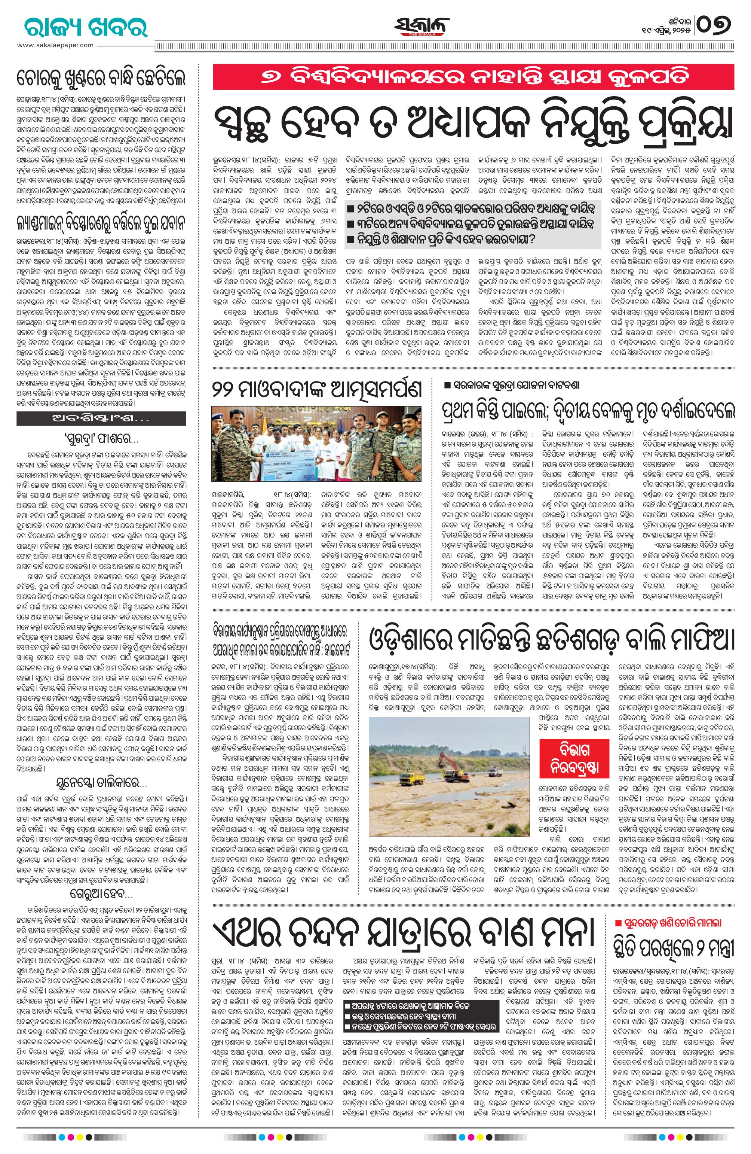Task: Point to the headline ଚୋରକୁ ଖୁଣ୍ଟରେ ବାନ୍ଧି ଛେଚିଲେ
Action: [x=101, y=79]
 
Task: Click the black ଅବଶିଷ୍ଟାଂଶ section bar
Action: [x=101, y=418]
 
